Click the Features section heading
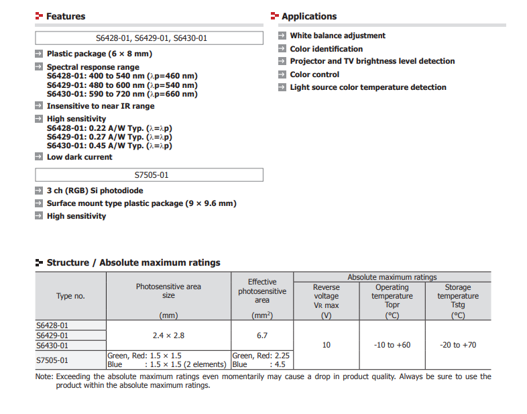click(x=65, y=16)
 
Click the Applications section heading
click(x=309, y=16)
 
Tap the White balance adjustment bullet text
click(x=337, y=36)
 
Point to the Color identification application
click(x=326, y=49)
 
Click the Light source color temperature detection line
click(x=368, y=87)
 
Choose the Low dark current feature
click(x=79, y=157)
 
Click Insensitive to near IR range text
click(x=100, y=106)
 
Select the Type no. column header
click(x=70, y=296)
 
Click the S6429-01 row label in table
click(x=52, y=335)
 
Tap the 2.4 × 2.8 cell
click(x=168, y=335)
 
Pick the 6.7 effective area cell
click(x=262, y=335)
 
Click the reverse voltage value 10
click(x=327, y=345)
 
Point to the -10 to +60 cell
click(x=392, y=345)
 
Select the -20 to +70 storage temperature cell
click(x=458, y=345)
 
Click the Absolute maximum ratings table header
click(x=392, y=277)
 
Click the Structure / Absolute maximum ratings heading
click(x=133, y=262)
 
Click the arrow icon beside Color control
click(x=283, y=74)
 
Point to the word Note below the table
click(x=44, y=376)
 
